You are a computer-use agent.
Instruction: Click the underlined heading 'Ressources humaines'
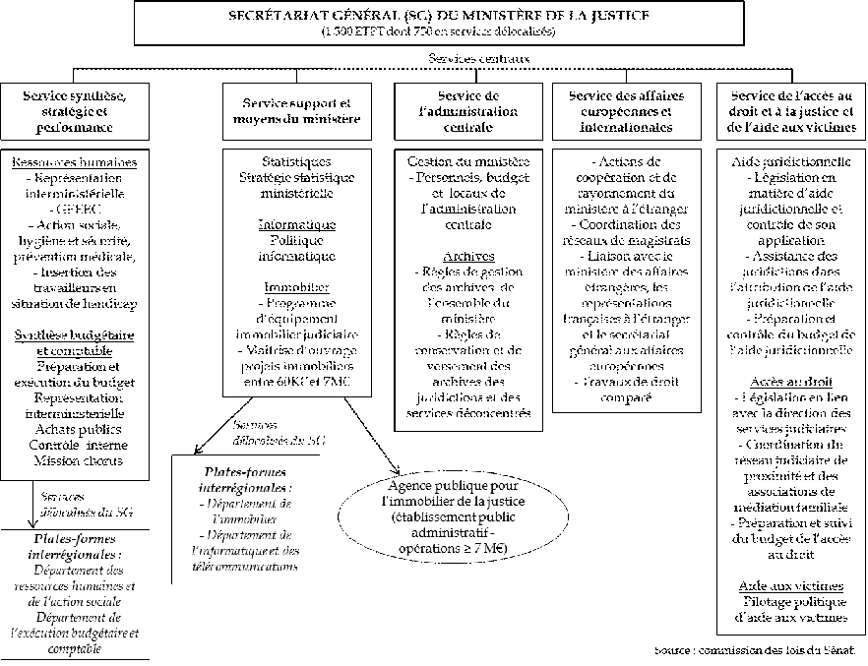[74, 162]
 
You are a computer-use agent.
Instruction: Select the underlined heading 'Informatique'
[296, 224]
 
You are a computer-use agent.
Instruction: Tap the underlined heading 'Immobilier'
[296, 286]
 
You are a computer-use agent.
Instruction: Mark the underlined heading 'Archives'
[467, 255]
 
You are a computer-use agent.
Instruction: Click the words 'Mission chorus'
[75, 459]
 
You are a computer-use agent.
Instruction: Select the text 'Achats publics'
[75, 430]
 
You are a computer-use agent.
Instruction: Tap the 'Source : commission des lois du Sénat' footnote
[756, 651]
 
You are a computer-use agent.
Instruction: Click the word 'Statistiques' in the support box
[296, 162]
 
